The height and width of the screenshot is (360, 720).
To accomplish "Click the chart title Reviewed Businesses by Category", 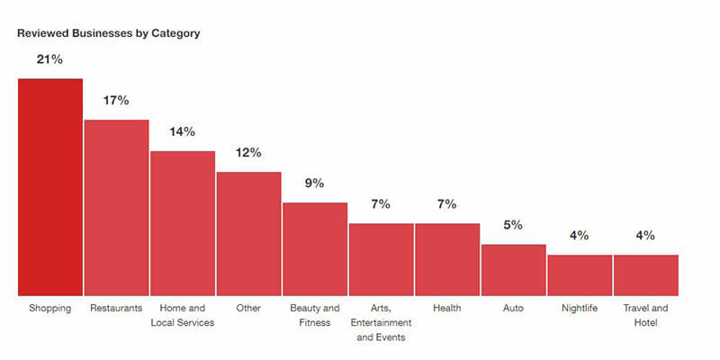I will click(108, 33).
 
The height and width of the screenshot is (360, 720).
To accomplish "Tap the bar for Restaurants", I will click(116, 208).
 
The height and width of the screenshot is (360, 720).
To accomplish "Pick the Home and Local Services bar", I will click(183, 223).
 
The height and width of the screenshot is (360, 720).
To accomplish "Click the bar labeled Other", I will click(248, 234).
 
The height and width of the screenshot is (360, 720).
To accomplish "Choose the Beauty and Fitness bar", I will click(315, 249).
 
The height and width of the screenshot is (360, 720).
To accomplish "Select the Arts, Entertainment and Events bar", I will click(381, 259).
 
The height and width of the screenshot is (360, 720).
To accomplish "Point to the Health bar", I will click(447, 259).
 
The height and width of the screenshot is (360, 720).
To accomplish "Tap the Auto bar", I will click(513, 270).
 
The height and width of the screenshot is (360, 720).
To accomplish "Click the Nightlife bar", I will click(580, 275).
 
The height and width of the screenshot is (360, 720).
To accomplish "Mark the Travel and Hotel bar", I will click(645, 275).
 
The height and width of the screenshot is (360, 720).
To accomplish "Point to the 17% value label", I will click(116, 100).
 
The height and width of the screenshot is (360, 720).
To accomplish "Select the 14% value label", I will click(183, 131).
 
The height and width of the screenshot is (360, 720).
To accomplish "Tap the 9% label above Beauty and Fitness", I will click(315, 183).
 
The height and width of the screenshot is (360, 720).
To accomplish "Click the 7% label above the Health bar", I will click(447, 204).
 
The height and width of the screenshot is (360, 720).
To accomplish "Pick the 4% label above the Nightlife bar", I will click(580, 235).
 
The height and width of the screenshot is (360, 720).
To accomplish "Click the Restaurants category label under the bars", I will click(116, 308).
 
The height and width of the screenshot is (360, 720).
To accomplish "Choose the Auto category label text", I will click(513, 308).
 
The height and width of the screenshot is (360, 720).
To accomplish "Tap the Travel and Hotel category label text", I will click(645, 315).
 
